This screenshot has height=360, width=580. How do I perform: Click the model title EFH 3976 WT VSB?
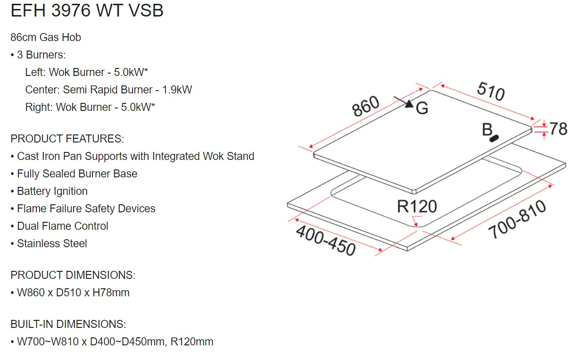pyautogui.click(x=87, y=11)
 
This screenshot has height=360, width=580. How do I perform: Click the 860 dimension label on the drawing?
pyautogui.click(x=366, y=107)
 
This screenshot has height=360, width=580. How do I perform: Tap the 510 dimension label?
pyautogui.click(x=490, y=91)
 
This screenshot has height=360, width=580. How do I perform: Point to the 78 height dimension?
pyautogui.click(x=558, y=128)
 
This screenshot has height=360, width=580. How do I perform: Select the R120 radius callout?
pyautogui.click(x=417, y=207)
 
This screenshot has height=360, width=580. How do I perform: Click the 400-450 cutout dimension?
pyautogui.click(x=325, y=241)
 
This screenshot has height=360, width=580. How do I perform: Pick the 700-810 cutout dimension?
pyautogui.click(x=517, y=220)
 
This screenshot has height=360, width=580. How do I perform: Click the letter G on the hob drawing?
pyautogui.click(x=422, y=109)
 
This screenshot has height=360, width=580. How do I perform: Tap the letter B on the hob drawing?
pyautogui.click(x=487, y=130)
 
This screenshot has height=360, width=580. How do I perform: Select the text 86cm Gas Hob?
pyautogui.click(x=46, y=37)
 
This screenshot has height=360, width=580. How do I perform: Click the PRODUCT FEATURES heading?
pyautogui.click(x=67, y=139)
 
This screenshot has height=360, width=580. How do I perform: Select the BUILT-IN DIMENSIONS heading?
pyautogui.click(x=68, y=324)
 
